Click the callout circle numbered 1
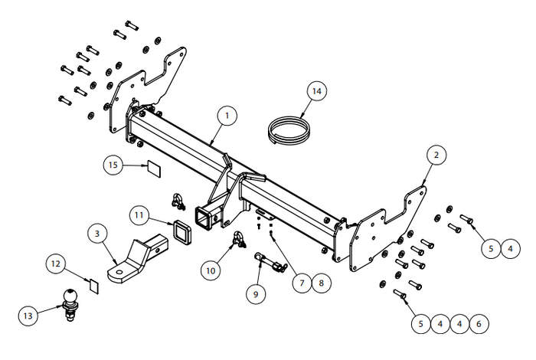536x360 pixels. point(227,116)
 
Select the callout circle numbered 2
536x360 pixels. point(436,155)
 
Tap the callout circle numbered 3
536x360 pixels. point(97,232)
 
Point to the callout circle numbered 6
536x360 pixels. point(479,324)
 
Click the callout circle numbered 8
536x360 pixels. point(322,283)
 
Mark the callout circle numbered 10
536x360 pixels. point(211,269)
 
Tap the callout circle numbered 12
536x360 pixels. point(55,264)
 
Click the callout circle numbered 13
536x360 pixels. point(28,315)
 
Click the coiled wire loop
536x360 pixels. point(287,128)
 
